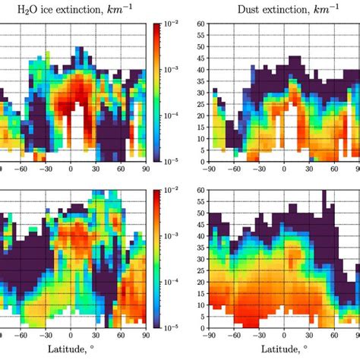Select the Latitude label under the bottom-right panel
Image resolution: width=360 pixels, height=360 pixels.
(x=286, y=349)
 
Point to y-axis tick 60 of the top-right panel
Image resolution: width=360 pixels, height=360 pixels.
(x=201, y=24)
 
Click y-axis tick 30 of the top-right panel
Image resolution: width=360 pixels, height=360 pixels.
(x=201, y=93)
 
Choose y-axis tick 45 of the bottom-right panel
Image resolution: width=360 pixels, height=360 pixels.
(x=201, y=225)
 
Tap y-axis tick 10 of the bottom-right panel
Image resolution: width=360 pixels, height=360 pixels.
(x=201, y=305)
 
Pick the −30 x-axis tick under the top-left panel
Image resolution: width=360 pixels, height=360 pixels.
(x=46, y=169)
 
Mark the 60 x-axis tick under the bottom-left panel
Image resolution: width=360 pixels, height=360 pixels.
(x=120, y=334)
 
